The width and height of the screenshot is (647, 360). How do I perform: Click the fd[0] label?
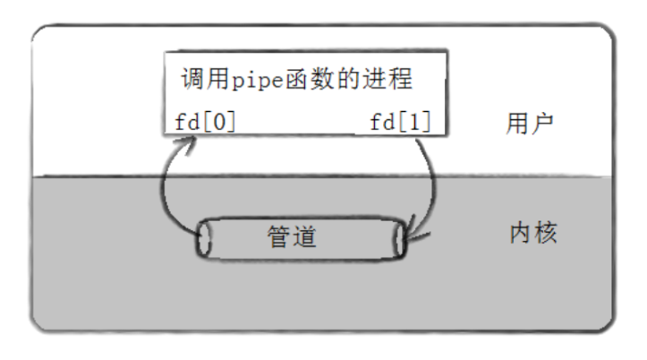pos(201,121)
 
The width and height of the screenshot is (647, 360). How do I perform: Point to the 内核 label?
pos(532,235)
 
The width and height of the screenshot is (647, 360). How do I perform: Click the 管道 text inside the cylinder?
pos(294,237)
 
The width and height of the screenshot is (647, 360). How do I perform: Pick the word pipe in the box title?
pos(264,80)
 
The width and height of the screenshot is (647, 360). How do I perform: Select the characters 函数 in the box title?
pos(323,79)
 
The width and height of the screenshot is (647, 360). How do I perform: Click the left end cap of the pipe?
pos(204,239)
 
